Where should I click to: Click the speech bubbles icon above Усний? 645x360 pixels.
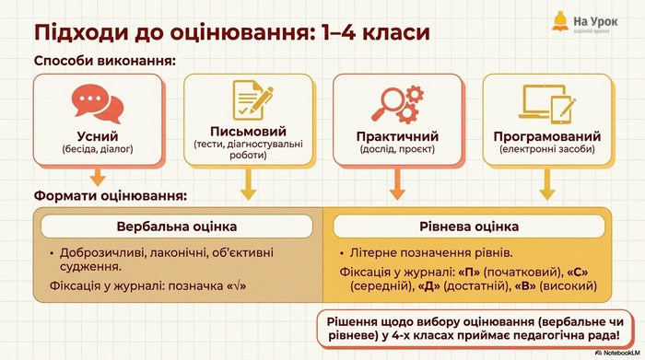point(98,103)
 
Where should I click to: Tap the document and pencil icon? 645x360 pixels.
point(252,99)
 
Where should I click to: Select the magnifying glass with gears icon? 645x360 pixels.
point(398,104)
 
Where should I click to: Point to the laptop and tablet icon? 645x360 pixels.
point(547,103)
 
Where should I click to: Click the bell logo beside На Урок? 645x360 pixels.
point(560,22)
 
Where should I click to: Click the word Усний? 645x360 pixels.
point(98,136)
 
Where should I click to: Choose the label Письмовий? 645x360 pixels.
point(248,131)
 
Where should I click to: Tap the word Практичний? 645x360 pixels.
point(397,136)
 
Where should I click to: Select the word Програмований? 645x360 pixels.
point(547,136)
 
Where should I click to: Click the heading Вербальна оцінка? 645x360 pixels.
point(177,226)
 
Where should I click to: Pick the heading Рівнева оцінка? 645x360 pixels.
point(469,226)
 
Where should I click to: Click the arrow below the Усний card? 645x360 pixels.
point(98,177)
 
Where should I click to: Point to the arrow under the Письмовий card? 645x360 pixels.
point(248,184)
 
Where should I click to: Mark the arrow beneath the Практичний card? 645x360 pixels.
point(397,184)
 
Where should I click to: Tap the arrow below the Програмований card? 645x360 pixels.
point(547,184)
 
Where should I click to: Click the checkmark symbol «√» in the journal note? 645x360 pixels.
point(237,285)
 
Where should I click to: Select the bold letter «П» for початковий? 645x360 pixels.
point(469,272)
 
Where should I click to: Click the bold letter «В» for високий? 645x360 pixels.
point(525,285)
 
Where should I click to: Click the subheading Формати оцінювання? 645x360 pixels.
point(111,195)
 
